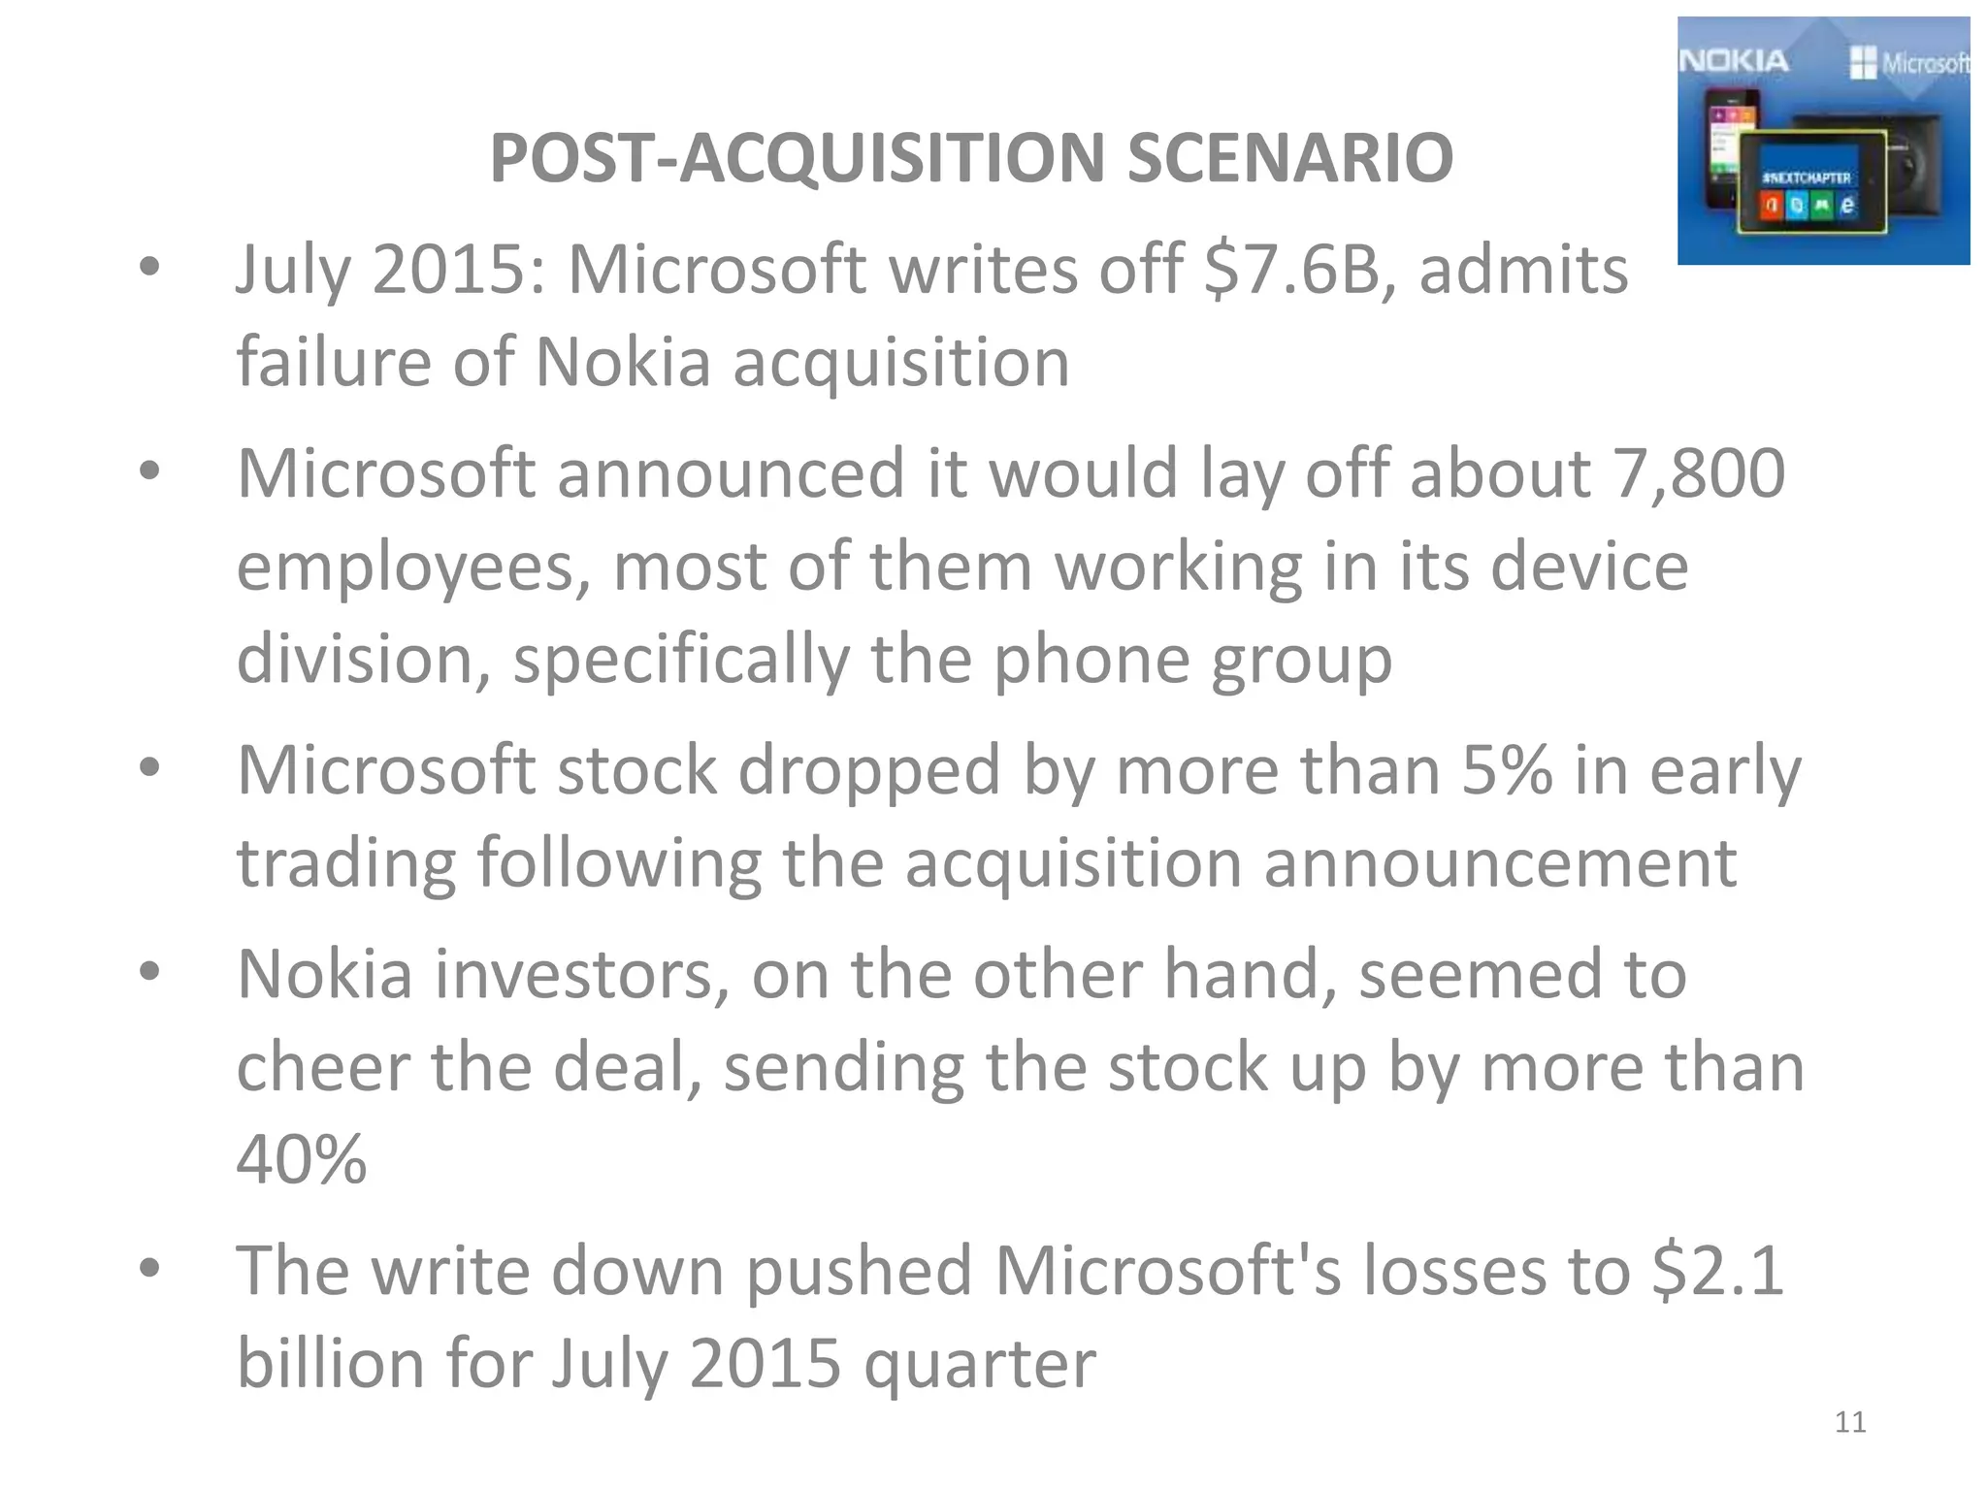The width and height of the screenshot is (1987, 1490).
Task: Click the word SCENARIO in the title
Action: tap(1289, 158)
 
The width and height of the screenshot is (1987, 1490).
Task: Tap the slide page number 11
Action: tap(1850, 1422)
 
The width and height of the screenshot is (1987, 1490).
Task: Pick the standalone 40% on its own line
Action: tap(302, 1159)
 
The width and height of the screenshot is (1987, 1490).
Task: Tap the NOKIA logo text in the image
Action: tap(1734, 61)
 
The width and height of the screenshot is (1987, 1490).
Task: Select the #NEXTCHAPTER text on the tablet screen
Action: tap(1807, 178)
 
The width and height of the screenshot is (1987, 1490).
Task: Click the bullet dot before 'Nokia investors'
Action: tap(149, 971)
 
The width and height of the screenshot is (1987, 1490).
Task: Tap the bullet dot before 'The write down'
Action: tap(149, 1267)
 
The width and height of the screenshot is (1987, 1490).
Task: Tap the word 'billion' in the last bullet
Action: tap(330, 1362)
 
